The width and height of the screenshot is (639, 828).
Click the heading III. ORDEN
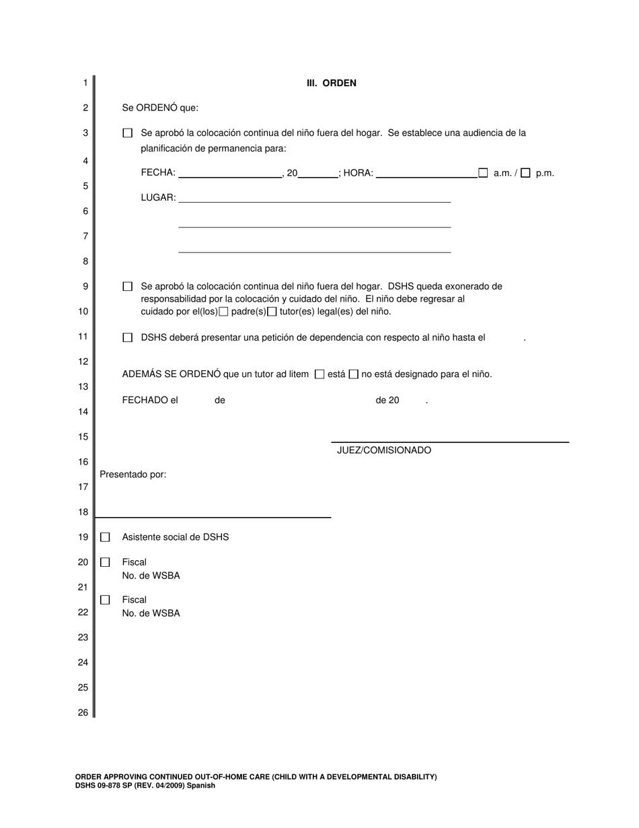332,83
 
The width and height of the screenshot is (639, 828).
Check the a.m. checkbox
483,173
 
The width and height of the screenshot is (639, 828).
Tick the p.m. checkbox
525,173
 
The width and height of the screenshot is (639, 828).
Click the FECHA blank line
230,173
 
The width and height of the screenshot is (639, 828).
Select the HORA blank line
426,173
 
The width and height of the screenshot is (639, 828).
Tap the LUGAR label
158,198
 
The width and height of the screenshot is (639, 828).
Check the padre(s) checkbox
224,312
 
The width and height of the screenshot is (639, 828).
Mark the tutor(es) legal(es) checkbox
272,312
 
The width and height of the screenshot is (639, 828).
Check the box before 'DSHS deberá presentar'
128,338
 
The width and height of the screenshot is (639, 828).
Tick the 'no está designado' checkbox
354,374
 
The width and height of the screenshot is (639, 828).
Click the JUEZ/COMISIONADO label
384,450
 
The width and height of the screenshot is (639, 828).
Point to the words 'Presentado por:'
133,475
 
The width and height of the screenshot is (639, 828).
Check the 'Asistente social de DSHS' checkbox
105,537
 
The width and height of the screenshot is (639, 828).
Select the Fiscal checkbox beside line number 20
105,562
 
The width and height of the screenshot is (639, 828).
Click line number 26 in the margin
83,712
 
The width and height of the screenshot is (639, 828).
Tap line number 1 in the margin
85,83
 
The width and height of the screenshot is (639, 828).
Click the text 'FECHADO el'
150,401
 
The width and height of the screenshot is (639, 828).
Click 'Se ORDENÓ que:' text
160,108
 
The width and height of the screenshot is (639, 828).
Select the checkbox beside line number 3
128,133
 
